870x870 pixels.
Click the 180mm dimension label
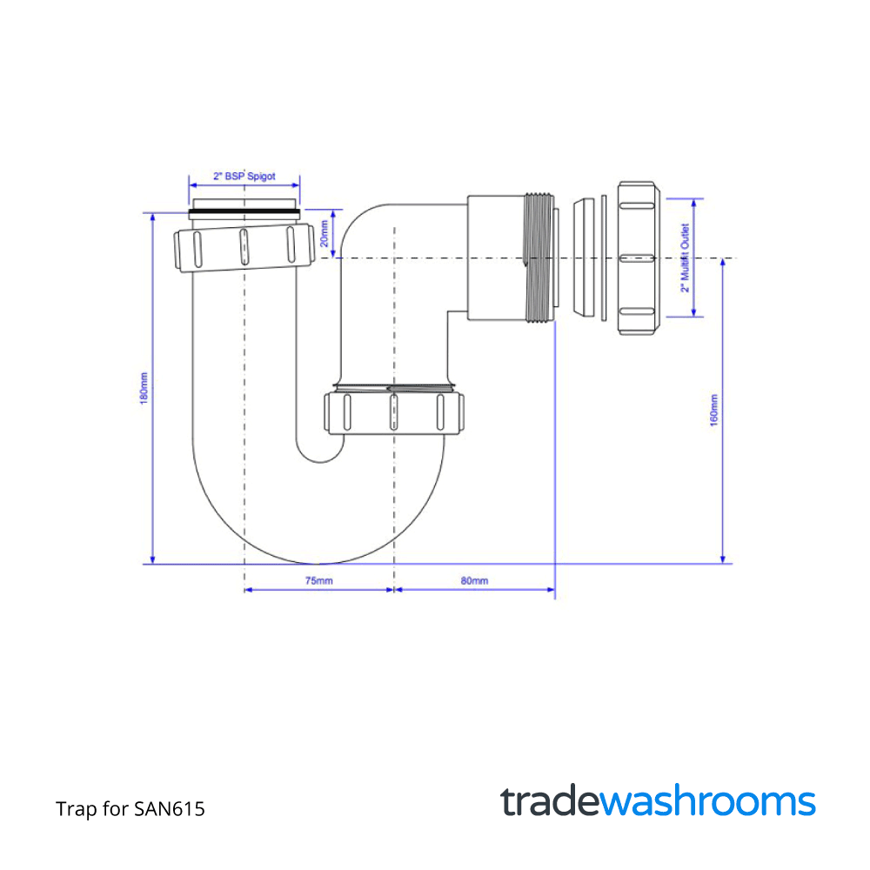tap(144, 386)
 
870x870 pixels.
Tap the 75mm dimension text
tap(318, 580)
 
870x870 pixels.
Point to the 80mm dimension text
tap(474, 580)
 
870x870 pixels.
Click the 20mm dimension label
tap(325, 232)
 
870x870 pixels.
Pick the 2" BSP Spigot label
tap(244, 176)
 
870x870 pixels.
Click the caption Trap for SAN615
tap(130, 809)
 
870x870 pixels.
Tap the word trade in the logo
tap(550, 801)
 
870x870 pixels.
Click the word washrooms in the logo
tap(708, 801)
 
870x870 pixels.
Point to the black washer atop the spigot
tap(244, 212)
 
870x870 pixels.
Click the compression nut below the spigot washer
tap(244, 247)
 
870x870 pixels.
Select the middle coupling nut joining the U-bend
tap(393, 412)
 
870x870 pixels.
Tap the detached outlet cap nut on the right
tap(641, 258)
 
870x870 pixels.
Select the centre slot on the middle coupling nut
tap(393, 412)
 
